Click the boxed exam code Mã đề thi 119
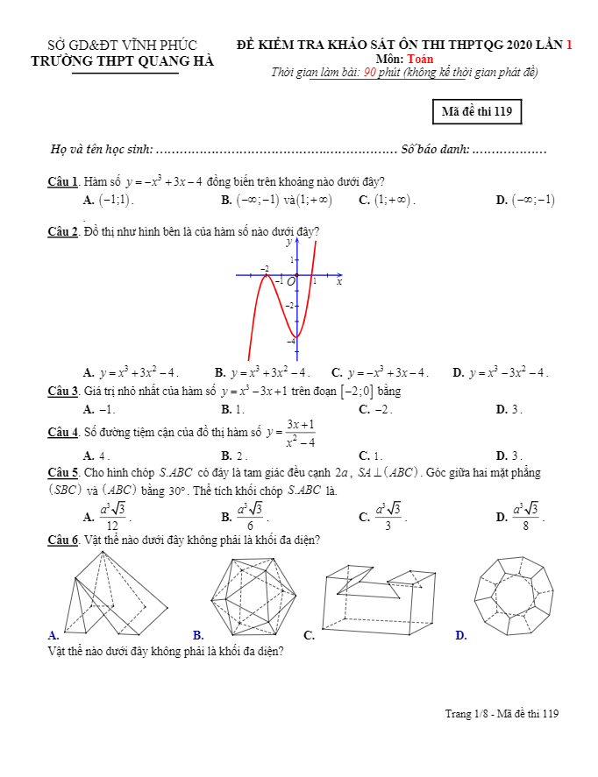tap(477, 111)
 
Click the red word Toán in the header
tap(420, 59)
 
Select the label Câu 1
tap(63, 182)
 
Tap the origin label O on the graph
tap(291, 281)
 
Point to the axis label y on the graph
tap(288, 243)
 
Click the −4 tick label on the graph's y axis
tap(291, 341)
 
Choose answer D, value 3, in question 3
tap(516, 409)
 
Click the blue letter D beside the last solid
tap(461, 635)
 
